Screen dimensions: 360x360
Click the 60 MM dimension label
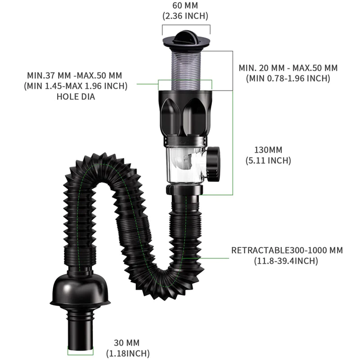pyautogui.click(x=185, y=5)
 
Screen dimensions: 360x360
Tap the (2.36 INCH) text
pyautogui.click(x=185, y=16)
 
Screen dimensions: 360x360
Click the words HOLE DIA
pyautogui.click(x=76, y=97)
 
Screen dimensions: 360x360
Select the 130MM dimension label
pyautogui.click(x=268, y=150)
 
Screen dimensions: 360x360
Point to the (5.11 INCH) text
pyautogui.click(x=268, y=161)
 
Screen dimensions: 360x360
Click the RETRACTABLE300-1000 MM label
pyautogui.click(x=287, y=250)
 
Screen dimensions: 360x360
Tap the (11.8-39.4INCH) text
pyautogui.click(x=286, y=261)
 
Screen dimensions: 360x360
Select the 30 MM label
pyautogui.click(x=127, y=343)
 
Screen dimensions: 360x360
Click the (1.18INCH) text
pyautogui.click(x=128, y=353)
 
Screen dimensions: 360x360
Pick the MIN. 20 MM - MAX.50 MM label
pyautogui.click(x=288, y=68)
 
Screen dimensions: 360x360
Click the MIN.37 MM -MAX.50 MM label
pyautogui.click(x=75, y=76)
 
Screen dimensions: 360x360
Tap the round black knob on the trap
pyautogui.click(x=213, y=164)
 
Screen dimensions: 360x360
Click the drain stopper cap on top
pyautogui.click(x=186, y=39)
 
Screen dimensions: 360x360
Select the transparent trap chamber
pyautogui.click(x=185, y=164)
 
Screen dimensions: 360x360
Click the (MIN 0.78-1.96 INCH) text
pyautogui.click(x=288, y=78)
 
